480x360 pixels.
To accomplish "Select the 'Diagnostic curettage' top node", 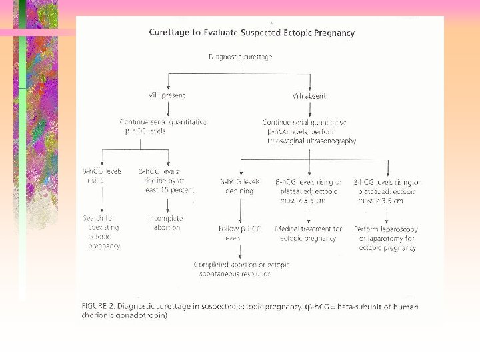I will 241,57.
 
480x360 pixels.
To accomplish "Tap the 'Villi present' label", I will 167,96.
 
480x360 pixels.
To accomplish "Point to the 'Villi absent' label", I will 309,96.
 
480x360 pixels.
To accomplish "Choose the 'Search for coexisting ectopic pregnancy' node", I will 101,232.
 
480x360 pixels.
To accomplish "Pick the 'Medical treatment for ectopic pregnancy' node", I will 308,233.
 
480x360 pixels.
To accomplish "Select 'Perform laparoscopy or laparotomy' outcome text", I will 387,238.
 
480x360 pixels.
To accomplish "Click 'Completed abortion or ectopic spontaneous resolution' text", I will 241,269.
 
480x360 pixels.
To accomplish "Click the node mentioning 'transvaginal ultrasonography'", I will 309,131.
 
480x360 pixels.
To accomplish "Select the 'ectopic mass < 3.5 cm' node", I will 309,191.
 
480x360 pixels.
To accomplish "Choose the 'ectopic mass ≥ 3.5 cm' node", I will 387,191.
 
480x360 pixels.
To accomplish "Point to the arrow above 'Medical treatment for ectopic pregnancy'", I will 309,215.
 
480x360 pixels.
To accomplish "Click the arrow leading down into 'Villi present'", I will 168,81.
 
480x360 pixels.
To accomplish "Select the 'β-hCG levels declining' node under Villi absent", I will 240,185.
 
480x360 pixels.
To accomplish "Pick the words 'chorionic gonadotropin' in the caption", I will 125,316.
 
